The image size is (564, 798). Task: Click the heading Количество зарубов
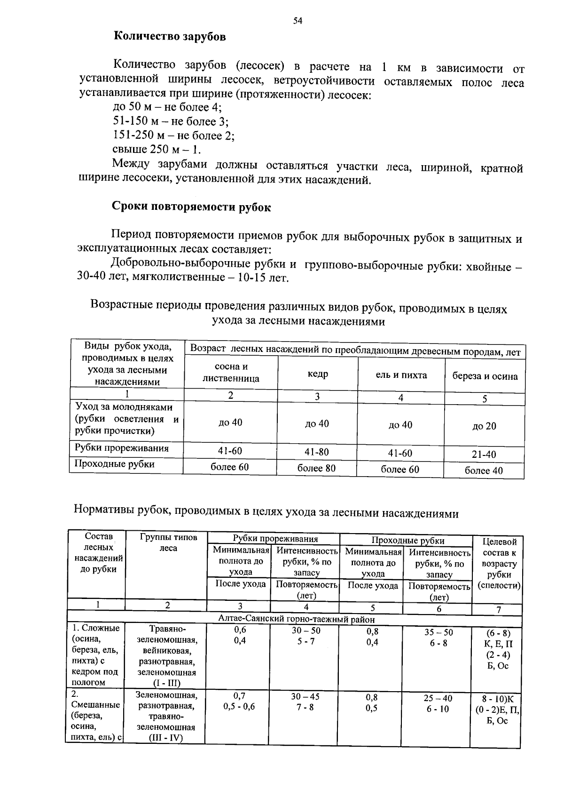tap(170, 37)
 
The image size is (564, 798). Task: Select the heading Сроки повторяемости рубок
tap(191, 207)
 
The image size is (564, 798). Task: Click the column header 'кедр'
tap(318, 374)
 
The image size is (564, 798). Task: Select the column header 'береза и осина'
tap(485, 376)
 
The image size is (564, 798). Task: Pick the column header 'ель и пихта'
tap(401, 375)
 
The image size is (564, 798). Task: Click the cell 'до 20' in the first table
tap(484, 426)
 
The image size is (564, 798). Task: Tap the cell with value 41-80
tap(316, 452)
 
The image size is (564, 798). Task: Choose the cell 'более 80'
tap(316, 468)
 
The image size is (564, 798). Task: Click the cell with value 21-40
tap(484, 455)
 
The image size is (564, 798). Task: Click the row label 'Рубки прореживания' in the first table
tap(121, 448)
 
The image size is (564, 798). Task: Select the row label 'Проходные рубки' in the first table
tap(115, 464)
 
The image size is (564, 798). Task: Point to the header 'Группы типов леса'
tap(168, 543)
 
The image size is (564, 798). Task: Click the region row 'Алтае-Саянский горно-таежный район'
tap(297, 619)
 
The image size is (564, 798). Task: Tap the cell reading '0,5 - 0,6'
tap(239, 707)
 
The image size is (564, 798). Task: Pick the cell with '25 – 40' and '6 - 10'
tap(438, 704)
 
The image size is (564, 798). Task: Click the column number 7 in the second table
tap(499, 609)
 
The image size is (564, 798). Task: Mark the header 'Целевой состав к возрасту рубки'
tap(499, 564)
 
